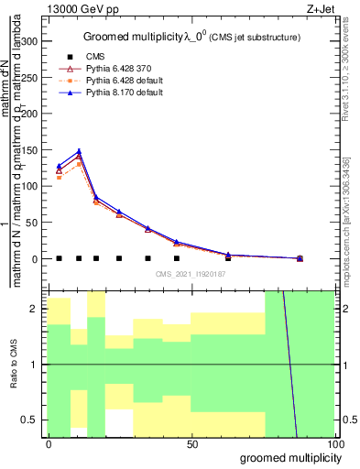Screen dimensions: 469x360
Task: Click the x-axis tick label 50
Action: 191,444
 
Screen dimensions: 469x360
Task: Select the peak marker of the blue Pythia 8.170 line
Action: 79,151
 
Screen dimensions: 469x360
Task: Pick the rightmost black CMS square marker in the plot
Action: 300,258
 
